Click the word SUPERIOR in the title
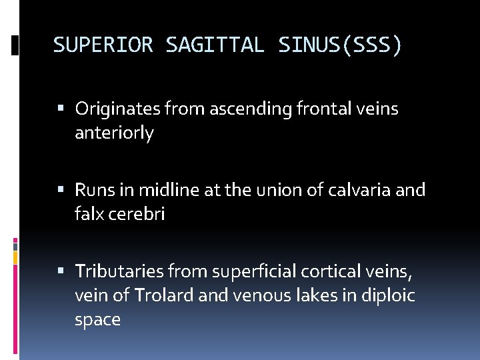(x=103, y=45)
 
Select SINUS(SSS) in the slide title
(x=340, y=45)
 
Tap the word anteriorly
(x=114, y=133)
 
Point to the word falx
(x=88, y=214)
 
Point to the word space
(x=97, y=320)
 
